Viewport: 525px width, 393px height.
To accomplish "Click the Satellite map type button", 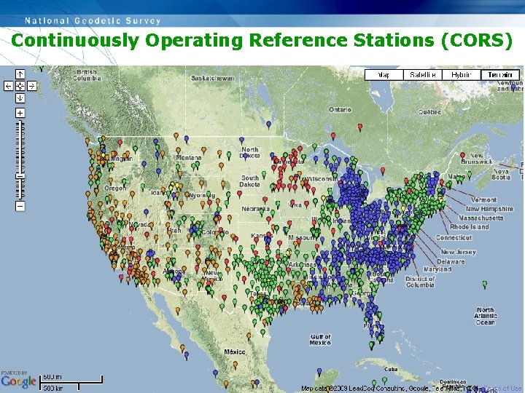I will coord(423,74).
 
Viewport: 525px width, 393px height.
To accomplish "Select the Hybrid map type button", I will coord(461,74).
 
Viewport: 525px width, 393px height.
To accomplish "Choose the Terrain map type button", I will coord(500,74).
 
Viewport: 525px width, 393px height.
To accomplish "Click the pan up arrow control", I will coord(20,74).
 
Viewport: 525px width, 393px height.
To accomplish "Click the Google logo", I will coord(18,381).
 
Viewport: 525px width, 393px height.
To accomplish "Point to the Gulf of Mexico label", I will coord(319,340).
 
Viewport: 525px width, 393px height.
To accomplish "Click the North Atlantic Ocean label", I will coord(484,316).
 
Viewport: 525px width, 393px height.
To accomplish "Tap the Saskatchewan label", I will coord(212,78).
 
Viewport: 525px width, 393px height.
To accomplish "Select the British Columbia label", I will coord(86,75).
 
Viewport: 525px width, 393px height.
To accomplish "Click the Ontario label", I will coord(340,110).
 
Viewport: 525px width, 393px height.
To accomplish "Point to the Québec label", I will coord(429,112).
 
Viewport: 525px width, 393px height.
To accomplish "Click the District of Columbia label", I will coord(420,282).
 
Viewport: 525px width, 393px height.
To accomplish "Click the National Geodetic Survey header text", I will coord(93,20).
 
